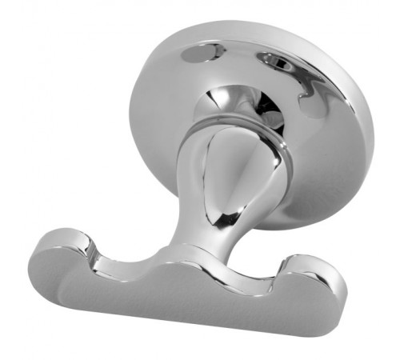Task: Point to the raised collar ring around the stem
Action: coord(240,128)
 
